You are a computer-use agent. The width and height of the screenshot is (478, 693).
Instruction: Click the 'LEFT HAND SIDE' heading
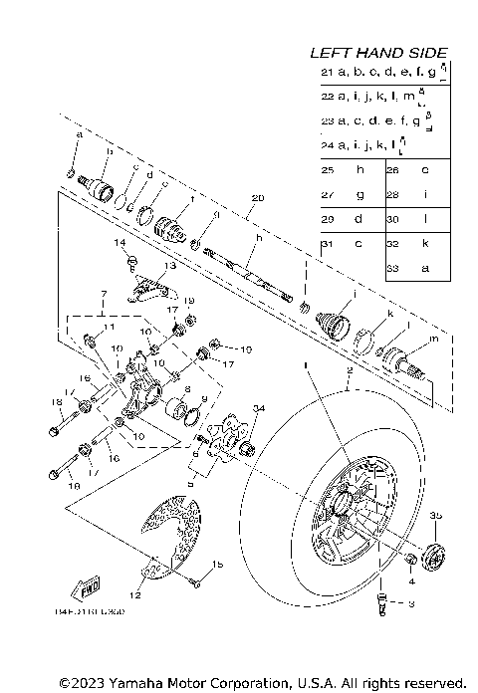point(378,53)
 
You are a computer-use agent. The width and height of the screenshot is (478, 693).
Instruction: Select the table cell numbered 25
point(328,169)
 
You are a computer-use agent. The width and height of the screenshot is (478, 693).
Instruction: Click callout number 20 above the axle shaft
point(258,198)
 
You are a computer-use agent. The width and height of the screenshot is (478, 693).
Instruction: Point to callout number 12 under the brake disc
point(136,595)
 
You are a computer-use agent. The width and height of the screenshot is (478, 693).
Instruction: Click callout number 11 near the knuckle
point(110,328)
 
